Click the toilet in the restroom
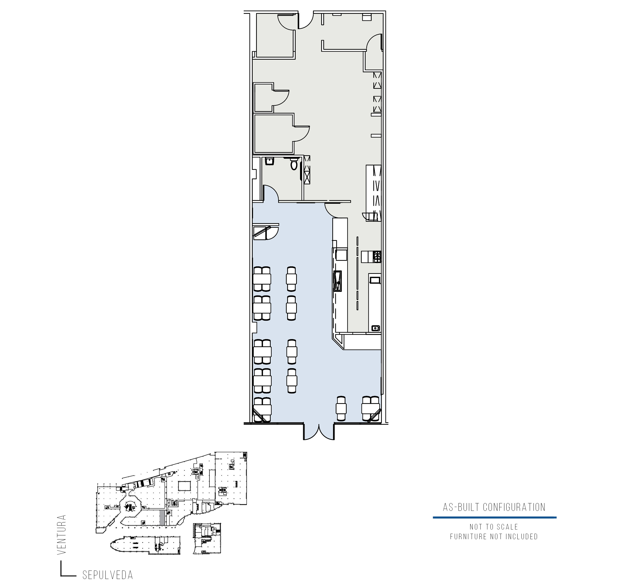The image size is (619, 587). click(294, 164)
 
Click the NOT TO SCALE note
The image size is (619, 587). click(494, 527)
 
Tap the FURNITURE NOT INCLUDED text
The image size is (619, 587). click(494, 537)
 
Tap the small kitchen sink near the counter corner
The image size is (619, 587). click(376, 328)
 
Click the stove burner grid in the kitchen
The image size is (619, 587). click(377, 257)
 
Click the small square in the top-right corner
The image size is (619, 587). click(367, 17)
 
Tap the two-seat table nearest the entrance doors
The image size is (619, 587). click(341, 408)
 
